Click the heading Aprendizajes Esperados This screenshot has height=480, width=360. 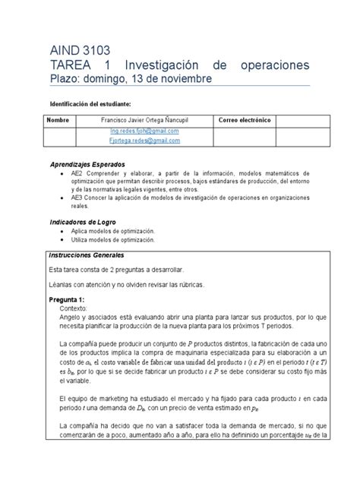click(90, 165)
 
